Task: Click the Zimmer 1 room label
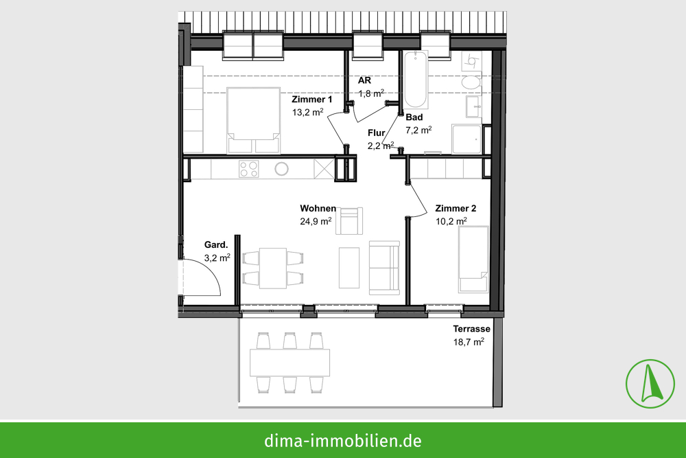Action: pyautogui.click(x=312, y=100)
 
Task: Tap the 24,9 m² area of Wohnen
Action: pyautogui.click(x=316, y=221)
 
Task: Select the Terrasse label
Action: pyautogui.click(x=472, y=329)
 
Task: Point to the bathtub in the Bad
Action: pyautogui.click(x=415, y=80)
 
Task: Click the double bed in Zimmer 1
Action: pyautogui.click(x=253, y=120)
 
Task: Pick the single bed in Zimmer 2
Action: pyautogui.click(x=473, y=259)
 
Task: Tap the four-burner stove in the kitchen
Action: pyautogui.click(x=248, y=169)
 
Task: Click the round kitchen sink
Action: pyautogui.click(x=282, y=169)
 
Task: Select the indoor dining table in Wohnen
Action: pyautogui.click(x=272, y=268)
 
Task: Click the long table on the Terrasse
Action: pyautogui.click(x=289, y=363)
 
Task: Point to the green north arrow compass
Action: pyautogui.click(x=650, y=384)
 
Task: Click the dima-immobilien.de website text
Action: pyautogui.click(x=343, y=440)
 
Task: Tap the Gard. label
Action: pyautogui.click(x=216, y=244)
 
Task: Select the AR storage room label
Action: pyautogui.click(x=364, y=80)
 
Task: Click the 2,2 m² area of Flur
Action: pyautogui.click(x=381, y=146)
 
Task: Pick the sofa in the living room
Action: pyautogui.click(x=384, y=268)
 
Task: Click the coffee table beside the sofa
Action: pyautogui.click(x=349, y=268)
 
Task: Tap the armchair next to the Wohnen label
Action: pyautogui.click(x=350, y=221)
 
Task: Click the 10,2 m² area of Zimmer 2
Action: pyautogui.click(x=451, y=221)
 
